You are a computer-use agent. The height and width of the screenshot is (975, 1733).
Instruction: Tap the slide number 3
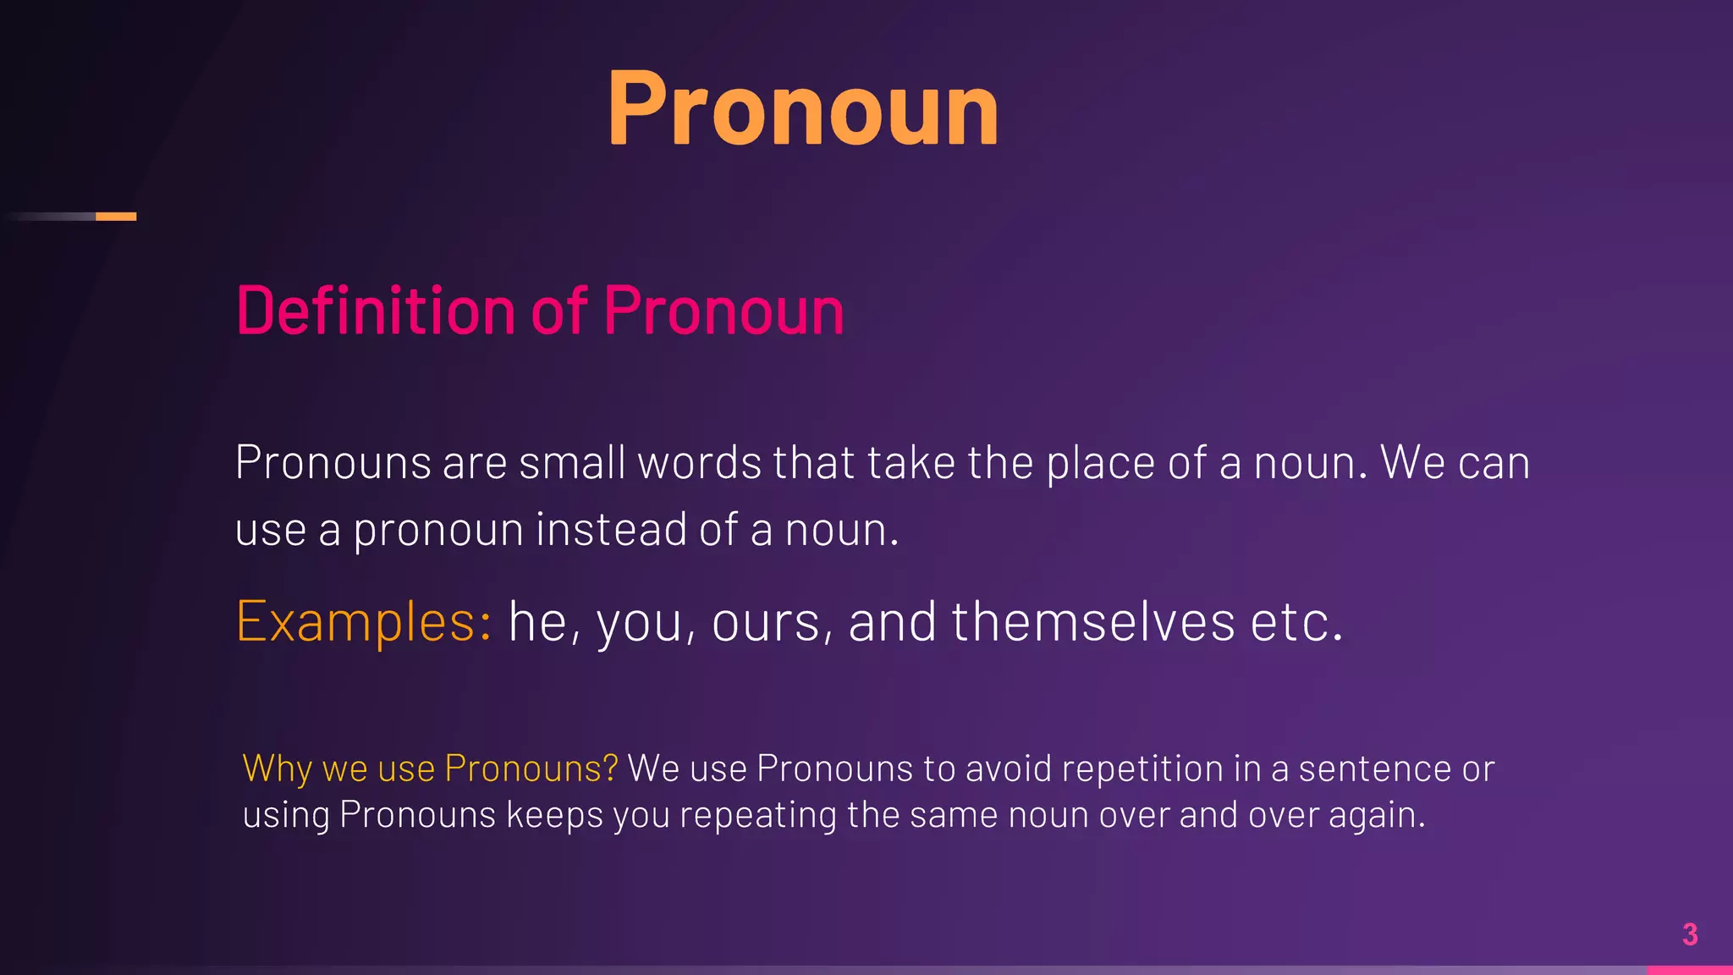coord(1689,934)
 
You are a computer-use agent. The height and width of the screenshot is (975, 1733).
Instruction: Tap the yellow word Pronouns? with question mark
coord(531,768)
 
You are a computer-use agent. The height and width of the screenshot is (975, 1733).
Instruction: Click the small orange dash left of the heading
coord(116,217)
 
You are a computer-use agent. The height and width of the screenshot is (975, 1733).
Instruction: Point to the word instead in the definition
coord(610,530)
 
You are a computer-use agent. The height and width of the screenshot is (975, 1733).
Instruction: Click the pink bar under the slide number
coord(1689,970)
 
